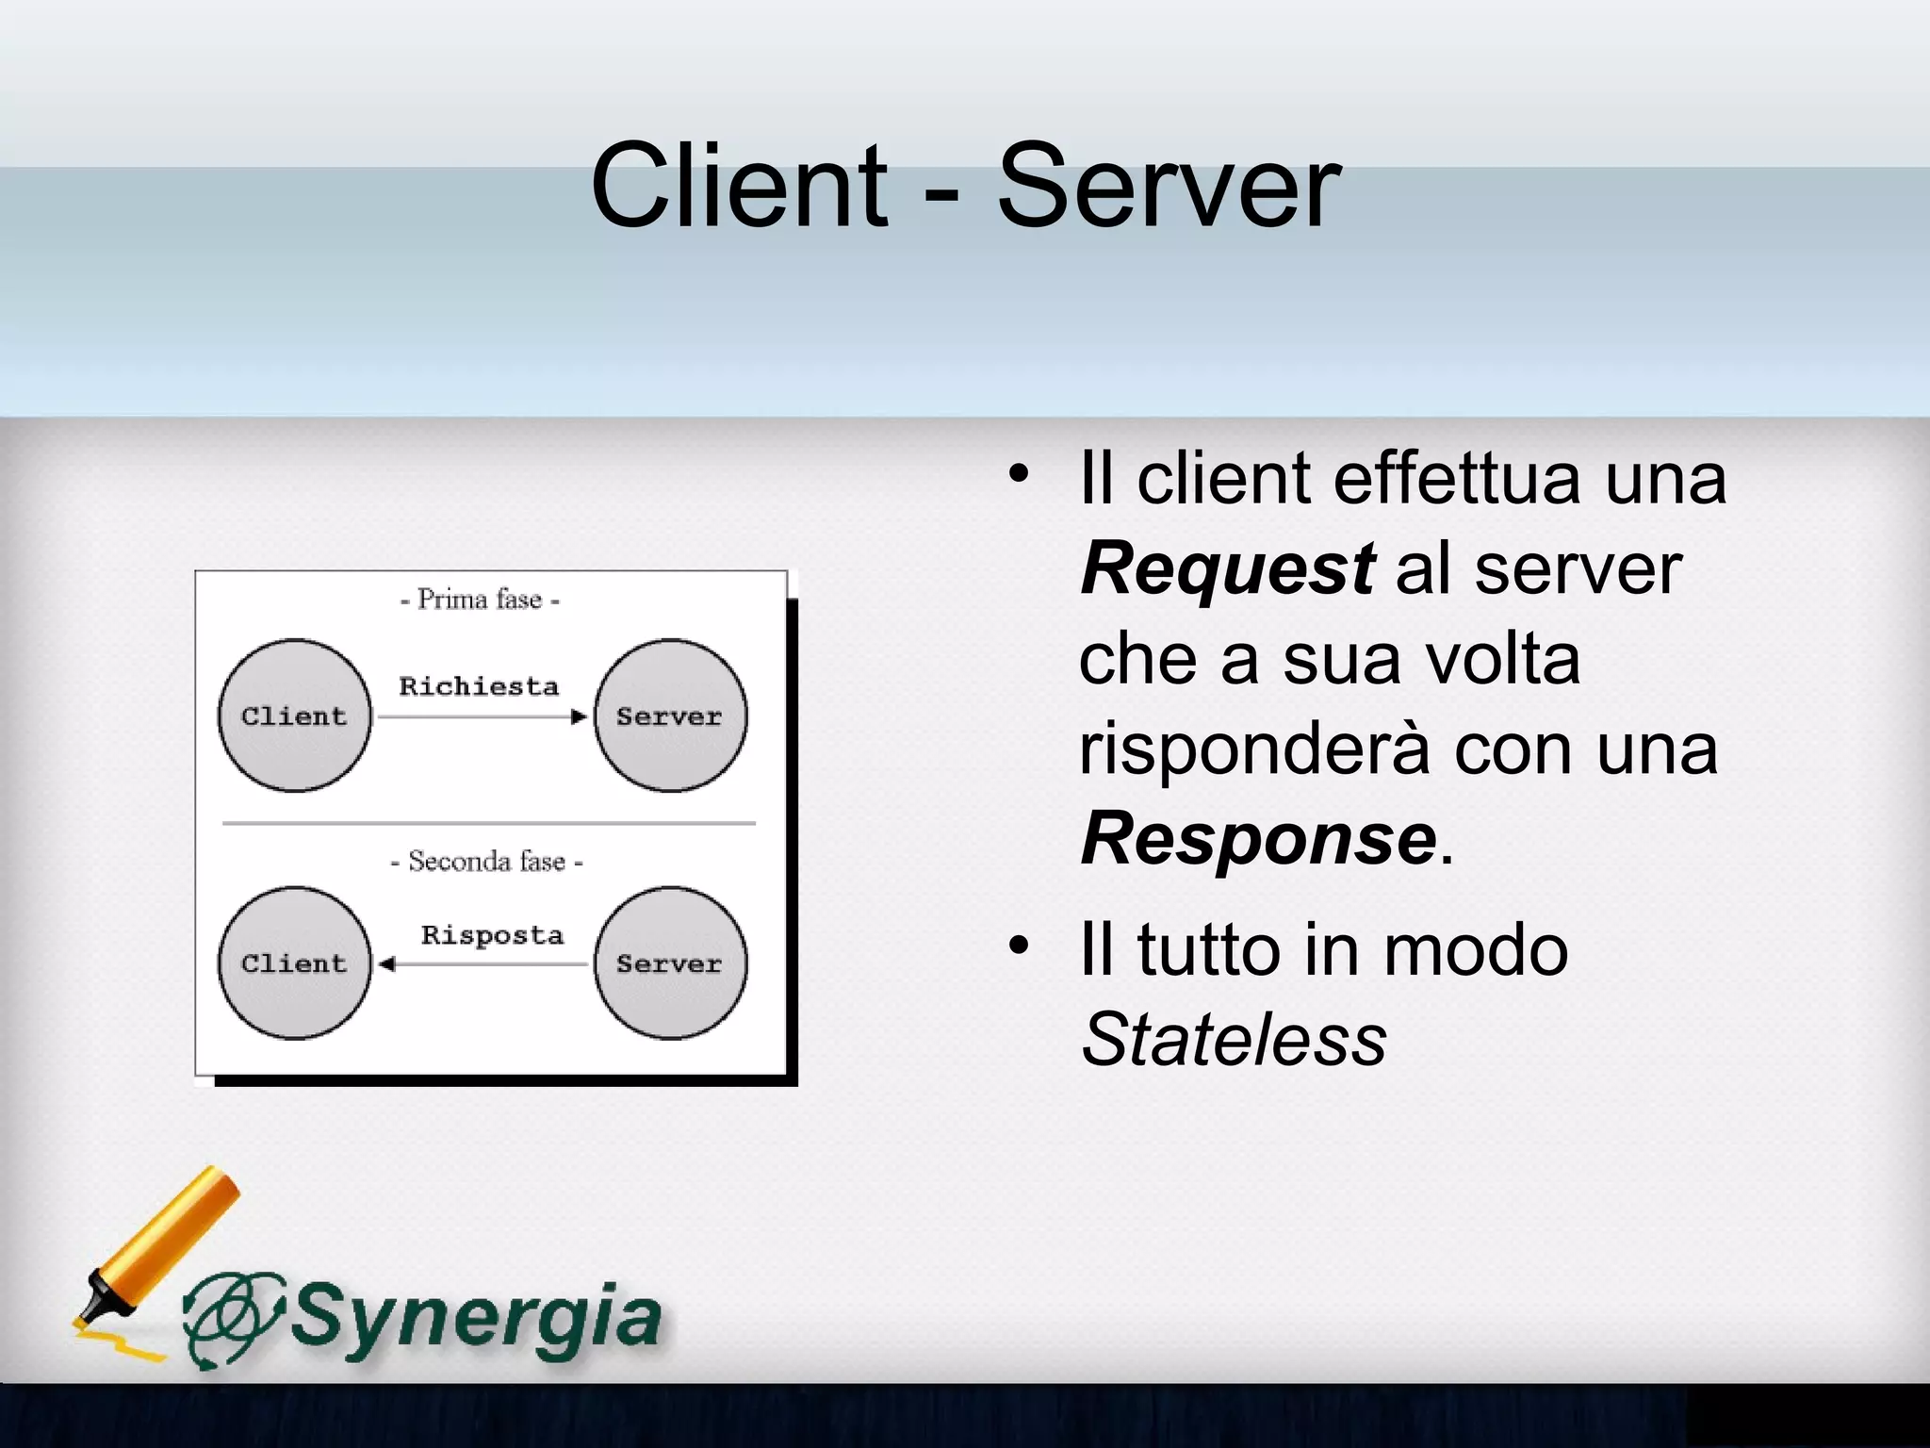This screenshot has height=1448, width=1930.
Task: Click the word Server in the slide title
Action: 1168,187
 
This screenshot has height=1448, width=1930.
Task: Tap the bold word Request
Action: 1227,568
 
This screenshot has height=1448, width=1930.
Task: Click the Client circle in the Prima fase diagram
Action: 294,716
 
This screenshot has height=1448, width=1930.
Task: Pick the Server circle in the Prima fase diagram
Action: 670,716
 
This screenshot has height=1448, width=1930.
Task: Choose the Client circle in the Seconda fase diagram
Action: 294,963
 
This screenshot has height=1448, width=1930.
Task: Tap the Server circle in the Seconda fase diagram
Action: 670,963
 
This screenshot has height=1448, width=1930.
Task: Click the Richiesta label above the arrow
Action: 479,686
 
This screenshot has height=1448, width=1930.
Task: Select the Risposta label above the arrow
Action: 492,935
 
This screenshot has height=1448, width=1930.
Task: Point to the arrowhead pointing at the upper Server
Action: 579,717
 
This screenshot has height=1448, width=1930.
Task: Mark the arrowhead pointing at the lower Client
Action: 386,964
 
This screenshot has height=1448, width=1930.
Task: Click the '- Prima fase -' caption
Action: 480,600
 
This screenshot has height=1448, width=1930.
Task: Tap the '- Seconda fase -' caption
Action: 486,862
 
